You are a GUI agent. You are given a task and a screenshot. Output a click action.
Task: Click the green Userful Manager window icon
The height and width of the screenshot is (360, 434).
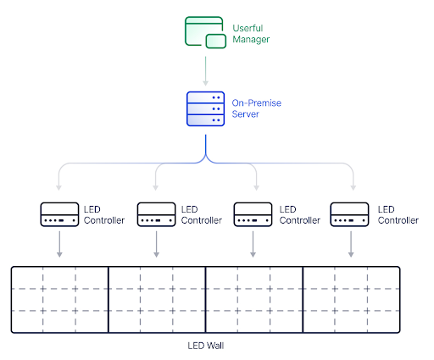pyautogui.click(x=205, y=32)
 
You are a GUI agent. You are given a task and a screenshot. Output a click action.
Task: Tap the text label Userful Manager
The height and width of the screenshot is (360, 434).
pyautogui.click(x=251, y=34)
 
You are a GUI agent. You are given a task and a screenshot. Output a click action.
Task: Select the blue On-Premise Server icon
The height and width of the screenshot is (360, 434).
pyautogui.click(x=205, y=108)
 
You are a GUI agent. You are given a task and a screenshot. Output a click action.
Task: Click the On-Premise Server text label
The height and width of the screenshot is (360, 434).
pyautogui.click(x=256, y=108)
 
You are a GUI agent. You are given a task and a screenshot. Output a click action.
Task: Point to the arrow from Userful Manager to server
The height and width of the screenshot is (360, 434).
pyautogui.click(x=205, y=71)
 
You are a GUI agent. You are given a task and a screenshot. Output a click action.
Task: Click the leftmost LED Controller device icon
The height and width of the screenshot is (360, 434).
pyautogui.click(x=59, y=214)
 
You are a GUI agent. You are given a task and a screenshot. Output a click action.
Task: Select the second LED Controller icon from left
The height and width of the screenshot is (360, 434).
pyautogui.click(x=156, y=214)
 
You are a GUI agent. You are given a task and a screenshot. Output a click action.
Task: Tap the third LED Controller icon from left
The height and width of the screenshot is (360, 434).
pyautogui.click(x=253, y=214)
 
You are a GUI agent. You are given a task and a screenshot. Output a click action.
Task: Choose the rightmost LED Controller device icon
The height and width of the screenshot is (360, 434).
pyautogui.click(x=349, y=214)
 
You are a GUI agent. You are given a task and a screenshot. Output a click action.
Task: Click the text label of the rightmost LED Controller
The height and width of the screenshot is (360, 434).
pyautogui.click(x=398, y=215)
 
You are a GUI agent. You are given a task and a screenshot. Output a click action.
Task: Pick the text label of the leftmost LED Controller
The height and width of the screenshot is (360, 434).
pyautogui.click(x=104, y=215)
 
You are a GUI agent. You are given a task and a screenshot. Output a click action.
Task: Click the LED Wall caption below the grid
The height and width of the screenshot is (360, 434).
pyautogui.click(x=206, y=346)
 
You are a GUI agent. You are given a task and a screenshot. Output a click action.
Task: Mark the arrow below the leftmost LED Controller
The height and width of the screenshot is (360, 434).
pyautogui.click(x=59, y=244)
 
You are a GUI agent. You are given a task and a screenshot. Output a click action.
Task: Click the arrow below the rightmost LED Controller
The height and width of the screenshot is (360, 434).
pyautogui.click(x=351, y=244)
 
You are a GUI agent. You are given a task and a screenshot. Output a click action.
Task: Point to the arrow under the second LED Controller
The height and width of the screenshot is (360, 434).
pyautogui.click(x=156, y=244)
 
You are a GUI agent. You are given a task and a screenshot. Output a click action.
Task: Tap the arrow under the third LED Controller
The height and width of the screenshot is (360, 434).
pyautogui.click(x=253, y=244)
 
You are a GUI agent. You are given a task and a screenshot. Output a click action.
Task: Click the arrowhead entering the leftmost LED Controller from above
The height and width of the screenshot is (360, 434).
pyautogui.click(x=58, y=188)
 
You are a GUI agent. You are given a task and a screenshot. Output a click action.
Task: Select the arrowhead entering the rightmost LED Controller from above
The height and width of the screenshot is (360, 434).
pyautogui.click(x=353, y=188)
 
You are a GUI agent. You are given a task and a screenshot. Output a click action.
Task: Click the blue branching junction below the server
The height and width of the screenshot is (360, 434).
pyautogui.click(x=205, y=158)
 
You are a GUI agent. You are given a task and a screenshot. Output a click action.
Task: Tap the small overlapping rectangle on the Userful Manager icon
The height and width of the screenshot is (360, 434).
pyautogui.click(x=216, y=42)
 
